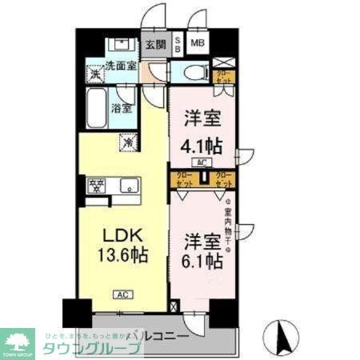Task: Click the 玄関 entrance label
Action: (x=154, y=45)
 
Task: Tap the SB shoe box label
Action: (x=178, y=45)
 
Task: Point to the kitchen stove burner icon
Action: (x=96, y=186)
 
